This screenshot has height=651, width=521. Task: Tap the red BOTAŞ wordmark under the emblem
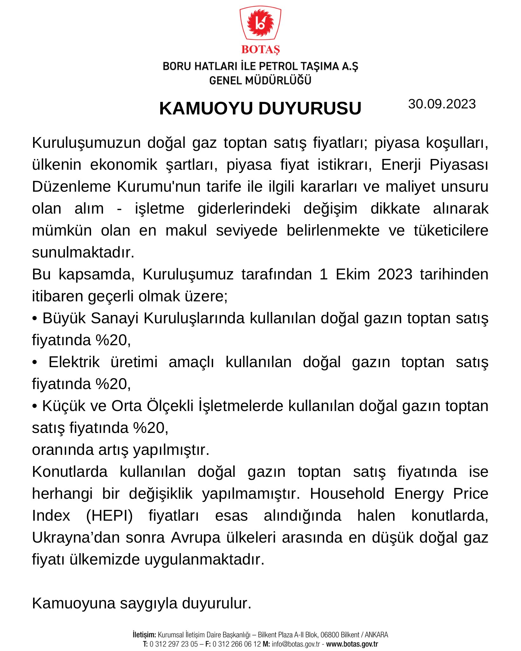(x=260, y=50)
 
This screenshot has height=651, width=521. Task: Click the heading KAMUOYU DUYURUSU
(x=260, y=108)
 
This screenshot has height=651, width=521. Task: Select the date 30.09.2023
(x=442, y=104)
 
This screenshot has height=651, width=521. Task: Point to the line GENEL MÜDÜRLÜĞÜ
(x=260, y=80)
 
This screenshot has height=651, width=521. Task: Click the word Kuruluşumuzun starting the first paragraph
(x=86, y=143)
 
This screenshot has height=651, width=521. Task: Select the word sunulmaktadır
(x=83, y=252)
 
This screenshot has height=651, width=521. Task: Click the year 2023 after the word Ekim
(x=395, y=274)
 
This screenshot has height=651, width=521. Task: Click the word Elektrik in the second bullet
(x=74, y=362)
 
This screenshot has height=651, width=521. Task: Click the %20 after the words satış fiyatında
(x=149, y=428)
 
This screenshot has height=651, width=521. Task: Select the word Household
(x=347, y=494)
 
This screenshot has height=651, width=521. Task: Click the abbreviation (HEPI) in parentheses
(x=109, y=516)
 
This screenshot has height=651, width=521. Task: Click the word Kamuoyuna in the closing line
(x=73, y=603)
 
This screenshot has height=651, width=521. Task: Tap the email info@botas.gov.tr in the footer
(x=296, y=644)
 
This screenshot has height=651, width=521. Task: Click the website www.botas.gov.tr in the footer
(x=352, y=644)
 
